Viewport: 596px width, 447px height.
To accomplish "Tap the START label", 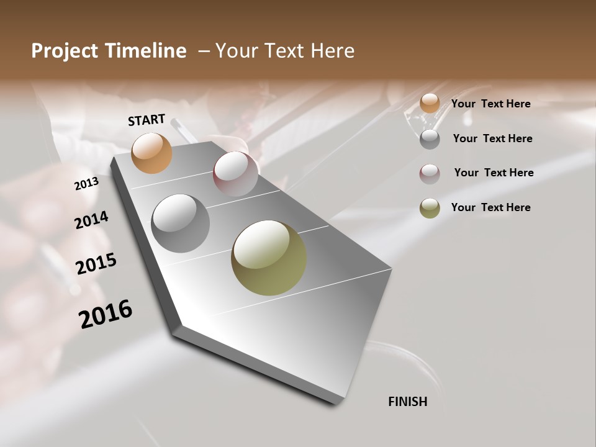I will (x=147, y=120).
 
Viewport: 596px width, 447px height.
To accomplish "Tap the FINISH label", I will (x=408, y=402).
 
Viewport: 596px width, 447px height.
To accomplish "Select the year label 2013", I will (x=86, y=184).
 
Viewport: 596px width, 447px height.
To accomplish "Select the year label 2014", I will (x=91, y=220).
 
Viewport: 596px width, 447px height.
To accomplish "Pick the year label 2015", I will (x=96, y=264).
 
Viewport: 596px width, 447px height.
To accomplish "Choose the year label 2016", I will (x=106, y=314).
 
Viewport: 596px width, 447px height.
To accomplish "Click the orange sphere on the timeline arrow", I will (x=152, y=153).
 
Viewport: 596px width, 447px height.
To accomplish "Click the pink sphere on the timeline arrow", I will (x=235, y=174).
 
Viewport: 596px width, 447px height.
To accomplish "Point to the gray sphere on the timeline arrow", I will (x=181, y=223).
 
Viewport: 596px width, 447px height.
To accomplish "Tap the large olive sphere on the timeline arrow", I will (x=269, y=258).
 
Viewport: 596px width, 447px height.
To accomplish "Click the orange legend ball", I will (x=430, y=104).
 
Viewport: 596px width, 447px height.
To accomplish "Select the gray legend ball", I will (x=430, y=138).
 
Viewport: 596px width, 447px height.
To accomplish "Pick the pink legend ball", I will (x=430, y=173).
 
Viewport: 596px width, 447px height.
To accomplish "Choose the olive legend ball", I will (x=430, y=208).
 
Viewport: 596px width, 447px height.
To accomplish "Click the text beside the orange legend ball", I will (x=491, y=104).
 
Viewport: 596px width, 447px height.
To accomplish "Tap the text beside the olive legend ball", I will (x=491, y=207).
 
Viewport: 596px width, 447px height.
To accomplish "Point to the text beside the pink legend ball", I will (x=494, y=173).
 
